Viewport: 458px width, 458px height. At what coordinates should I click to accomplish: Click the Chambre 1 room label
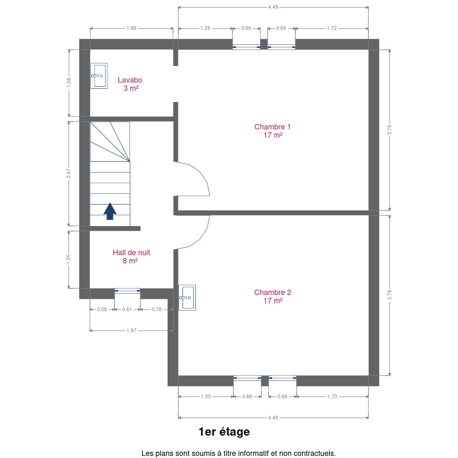coord(272,131)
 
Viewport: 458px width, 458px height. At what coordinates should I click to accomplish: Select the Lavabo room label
coord(130,84)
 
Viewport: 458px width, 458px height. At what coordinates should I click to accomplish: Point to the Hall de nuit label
coord(131,257)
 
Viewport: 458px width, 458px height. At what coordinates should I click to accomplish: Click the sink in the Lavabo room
coord(99,76)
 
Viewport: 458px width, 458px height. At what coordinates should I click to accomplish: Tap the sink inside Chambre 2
coord(187,298)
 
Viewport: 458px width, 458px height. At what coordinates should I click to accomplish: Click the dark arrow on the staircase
coord(110,211)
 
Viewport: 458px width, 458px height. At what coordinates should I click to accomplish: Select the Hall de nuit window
coord(128,291)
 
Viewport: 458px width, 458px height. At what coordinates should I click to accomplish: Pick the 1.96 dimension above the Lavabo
coord(131,28)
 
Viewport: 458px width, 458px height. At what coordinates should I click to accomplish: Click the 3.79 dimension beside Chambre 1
coord(389,130)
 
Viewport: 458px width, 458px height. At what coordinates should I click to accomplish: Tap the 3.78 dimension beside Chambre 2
coord(389,295)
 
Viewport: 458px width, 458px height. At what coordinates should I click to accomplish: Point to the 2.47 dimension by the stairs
coord(68,174)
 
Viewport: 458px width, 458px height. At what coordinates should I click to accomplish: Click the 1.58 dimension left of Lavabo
coord(69,82)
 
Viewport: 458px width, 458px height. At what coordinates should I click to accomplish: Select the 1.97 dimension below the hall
coord(131,330)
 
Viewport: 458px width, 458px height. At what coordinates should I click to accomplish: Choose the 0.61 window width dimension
coord(127,309)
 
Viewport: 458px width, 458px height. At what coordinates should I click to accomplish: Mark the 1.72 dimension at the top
coord(332,28)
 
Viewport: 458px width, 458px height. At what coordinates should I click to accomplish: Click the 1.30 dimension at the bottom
coord(205,396)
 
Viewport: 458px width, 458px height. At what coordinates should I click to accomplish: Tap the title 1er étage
coord(224,432)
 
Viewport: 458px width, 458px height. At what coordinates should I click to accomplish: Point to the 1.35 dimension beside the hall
coord(68,259)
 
